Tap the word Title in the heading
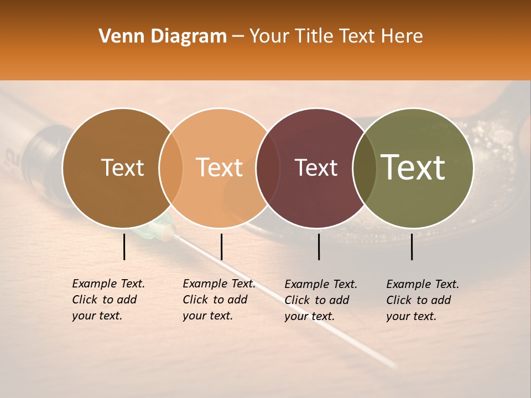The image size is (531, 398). (315, 36)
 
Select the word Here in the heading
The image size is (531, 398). (402, 36)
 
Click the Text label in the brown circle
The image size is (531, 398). (122, 167)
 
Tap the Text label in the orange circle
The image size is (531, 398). (219, 167)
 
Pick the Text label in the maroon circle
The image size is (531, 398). (316, 167)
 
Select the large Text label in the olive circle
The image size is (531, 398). (413, 167)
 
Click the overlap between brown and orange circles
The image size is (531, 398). (171, 167)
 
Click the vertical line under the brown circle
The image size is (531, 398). (124, 247)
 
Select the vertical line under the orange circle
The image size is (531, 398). (221, 247)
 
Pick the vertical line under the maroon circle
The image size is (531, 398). (319, 247)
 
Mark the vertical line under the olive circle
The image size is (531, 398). (412, 247)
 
